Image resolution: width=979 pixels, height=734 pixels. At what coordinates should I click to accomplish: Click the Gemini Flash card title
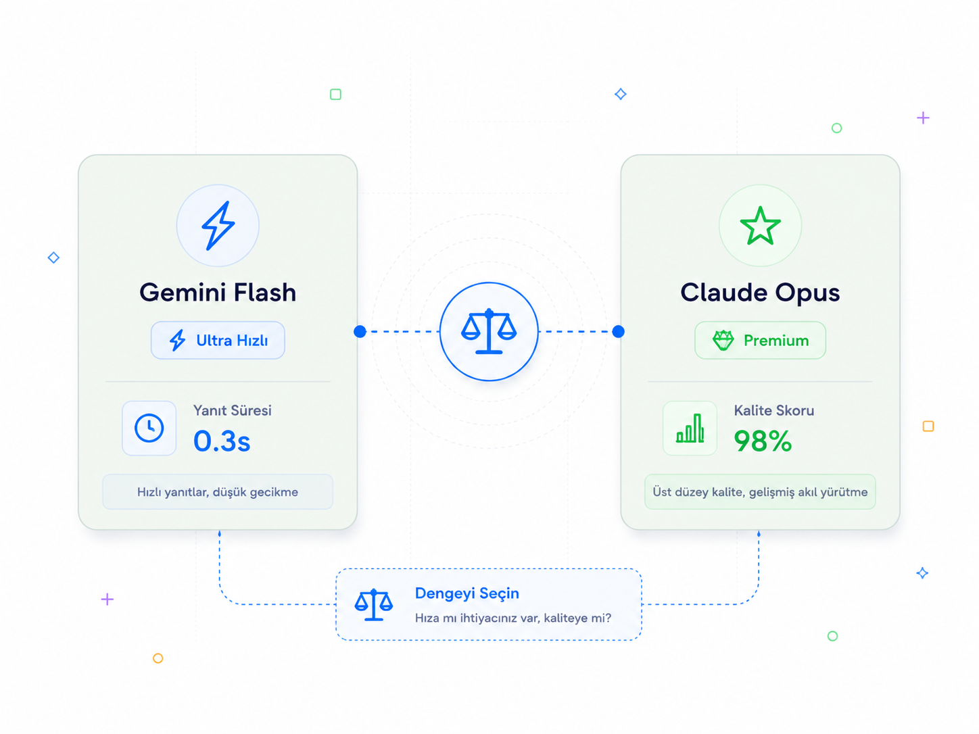click(x=218, y=293)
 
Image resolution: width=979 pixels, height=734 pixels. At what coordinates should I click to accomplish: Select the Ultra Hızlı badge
click(x=218, y=341)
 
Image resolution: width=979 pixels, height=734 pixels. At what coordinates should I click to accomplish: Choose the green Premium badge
click(x=760, y=341)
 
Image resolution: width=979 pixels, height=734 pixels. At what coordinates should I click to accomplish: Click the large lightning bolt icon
click(x=218, y=226)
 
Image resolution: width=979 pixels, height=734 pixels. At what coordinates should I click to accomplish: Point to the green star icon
click(x=760, y=226)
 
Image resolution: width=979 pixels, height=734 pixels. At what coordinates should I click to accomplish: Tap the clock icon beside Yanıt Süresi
click(x=149, y=429)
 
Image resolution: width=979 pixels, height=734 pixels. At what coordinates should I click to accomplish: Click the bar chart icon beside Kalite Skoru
click(x=690, y=429)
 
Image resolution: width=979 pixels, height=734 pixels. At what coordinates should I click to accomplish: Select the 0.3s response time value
click(x=222, y=441)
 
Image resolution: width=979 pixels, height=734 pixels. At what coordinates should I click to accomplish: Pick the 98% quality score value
click(x=763, y=441)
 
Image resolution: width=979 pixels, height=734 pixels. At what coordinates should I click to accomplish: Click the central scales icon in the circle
click(x=489, y=331)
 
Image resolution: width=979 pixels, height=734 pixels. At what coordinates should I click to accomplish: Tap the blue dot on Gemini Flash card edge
click(x=360, y=332)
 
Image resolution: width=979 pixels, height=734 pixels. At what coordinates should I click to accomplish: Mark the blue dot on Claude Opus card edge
click(x=618, y=332)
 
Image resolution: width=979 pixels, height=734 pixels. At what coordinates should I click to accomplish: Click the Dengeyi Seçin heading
click(x=467, y=593)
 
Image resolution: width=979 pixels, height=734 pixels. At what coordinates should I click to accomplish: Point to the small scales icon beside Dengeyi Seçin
click(x=374, y=605)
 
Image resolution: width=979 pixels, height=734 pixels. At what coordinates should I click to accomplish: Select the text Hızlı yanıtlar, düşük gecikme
click(x=218, y=492)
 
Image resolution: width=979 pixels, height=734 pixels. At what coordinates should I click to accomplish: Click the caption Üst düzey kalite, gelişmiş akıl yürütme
click(x=760, y=492)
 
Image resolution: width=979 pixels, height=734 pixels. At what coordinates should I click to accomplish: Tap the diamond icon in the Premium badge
click(x=723, y=341)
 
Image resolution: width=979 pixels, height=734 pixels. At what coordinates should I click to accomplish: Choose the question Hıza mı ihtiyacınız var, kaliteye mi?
click(x=513, y=618)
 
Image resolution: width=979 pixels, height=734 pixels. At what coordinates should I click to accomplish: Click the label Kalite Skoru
click(x=774, y=410)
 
